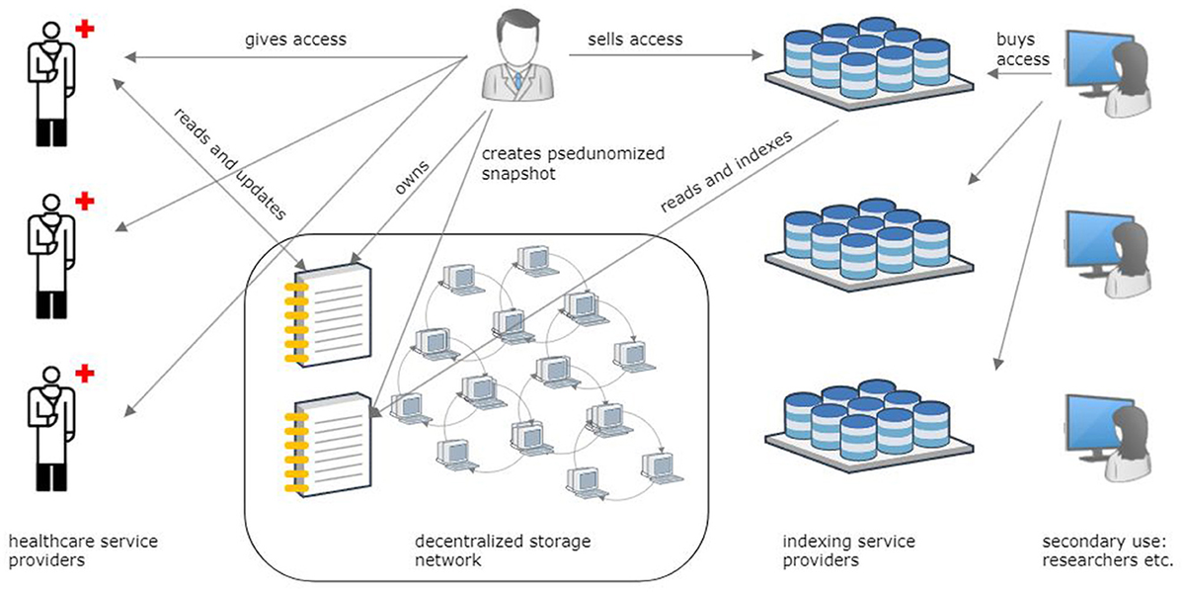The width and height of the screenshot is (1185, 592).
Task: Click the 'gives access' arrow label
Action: pyautogui.click(x=296, y=41)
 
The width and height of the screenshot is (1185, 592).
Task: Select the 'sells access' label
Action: pyautogui.click(x=634, y=40)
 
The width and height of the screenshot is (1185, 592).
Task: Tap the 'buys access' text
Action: pyautogui.click(x=1023, y=50)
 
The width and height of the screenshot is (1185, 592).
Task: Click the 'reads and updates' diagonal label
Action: pyautogui.click(x=230, y=163)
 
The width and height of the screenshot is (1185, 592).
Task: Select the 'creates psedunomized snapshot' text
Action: pyautogui.click(x=573, y=163)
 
